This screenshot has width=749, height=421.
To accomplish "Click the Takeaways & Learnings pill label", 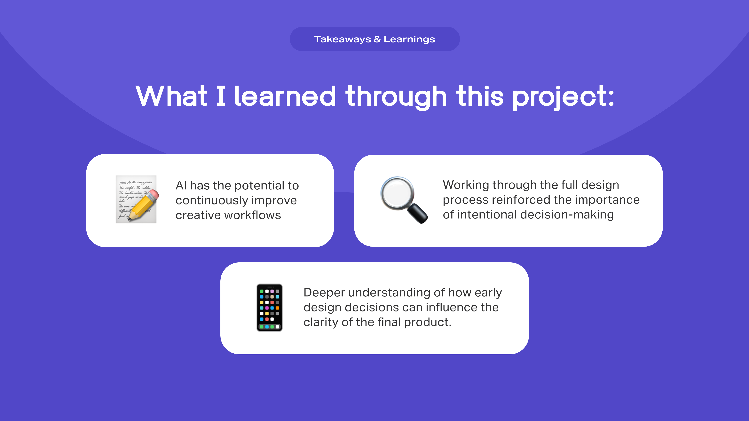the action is [x=374, y=39].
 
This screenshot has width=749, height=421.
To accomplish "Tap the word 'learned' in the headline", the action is [x=285, y=96].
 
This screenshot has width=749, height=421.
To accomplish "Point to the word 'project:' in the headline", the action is [x=563, y=97].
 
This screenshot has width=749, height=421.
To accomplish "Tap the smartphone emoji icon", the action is [x=270, y=307].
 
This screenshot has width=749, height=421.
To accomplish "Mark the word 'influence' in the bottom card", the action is [x=452, y=307].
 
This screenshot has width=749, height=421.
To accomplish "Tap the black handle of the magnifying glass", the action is [x=418, y=213].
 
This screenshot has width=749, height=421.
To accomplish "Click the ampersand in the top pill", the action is [x=377, y=39].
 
